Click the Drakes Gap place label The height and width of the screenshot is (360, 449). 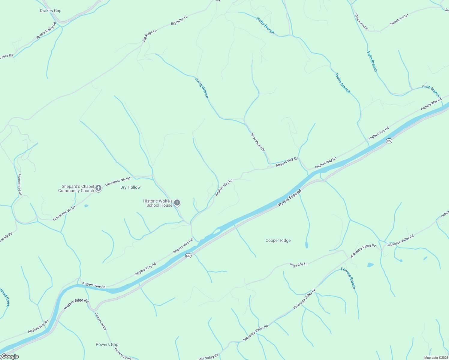point(50,11)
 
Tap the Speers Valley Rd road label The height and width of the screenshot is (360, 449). point(46,31)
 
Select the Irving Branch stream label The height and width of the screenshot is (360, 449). point(202,88)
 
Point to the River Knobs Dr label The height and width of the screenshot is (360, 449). point(258,142)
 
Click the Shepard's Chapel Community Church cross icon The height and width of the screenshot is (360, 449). point(98,188)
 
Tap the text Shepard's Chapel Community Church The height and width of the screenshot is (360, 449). point(76,188)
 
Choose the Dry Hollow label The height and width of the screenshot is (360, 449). point(130,187)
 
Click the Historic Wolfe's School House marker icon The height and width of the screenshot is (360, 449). point(177,203)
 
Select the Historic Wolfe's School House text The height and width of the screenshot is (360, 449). point(158,203)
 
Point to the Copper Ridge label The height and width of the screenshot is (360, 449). point(278,241)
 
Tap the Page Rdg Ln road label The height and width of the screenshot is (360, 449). point(299,265)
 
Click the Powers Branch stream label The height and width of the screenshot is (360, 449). point(348,278)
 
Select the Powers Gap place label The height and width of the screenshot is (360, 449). point(107,344)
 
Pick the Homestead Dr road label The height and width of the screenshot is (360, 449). point(20,184)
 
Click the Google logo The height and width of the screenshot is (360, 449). point(10,356)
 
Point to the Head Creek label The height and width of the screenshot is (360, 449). point(5,297)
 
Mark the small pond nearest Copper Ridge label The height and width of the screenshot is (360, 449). point(306,245)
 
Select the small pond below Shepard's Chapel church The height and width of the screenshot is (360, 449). point(86,206)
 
